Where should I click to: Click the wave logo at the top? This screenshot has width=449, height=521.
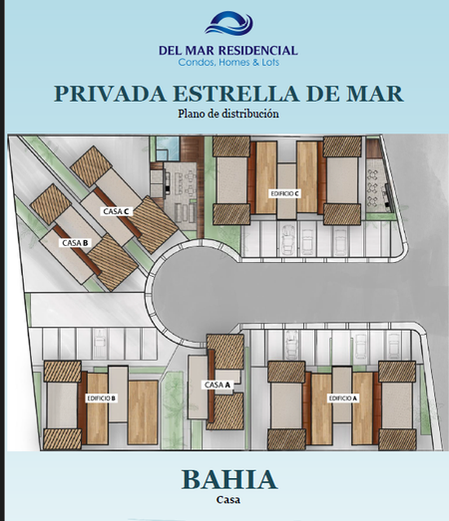pos(228,23)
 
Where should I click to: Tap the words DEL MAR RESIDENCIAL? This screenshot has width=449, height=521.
pos(228,51)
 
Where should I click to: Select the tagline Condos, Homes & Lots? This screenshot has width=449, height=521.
pos(228,62)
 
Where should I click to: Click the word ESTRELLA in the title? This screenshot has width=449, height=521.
pos(236,94)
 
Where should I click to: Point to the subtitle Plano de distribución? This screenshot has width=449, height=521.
pos(228,114)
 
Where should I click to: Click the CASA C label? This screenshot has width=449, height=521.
pos(117,211)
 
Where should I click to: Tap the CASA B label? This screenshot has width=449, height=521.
pos(75,243)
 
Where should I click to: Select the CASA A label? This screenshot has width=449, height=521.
pos(218,385)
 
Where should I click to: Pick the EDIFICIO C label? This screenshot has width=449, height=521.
pos(284,193)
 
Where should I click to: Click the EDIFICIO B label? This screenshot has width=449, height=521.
pos(101,398)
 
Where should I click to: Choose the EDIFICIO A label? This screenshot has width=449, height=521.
pos(343,398)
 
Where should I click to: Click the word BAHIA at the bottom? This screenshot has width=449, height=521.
pos(229,479)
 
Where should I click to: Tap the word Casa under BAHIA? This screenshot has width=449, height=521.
pos(228,500)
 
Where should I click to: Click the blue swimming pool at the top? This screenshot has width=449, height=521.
pos(168,147)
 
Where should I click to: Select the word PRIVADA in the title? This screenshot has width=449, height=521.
pos(110,94)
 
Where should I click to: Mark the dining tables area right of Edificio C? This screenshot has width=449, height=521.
pos(375,186)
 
